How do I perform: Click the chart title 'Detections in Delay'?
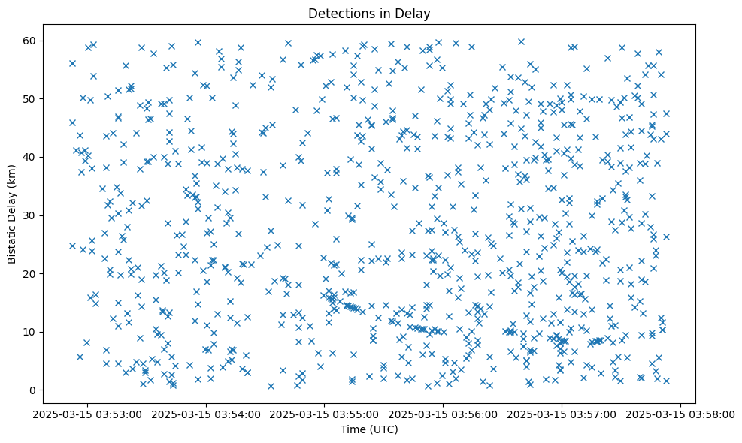[369, 13]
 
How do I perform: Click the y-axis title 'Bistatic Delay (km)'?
[13, 215]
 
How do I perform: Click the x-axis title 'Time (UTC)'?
[369, 429]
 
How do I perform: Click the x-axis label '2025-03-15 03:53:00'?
[87, 414]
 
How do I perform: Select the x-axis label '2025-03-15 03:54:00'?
[206, 414]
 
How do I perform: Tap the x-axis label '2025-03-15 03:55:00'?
[325, 414]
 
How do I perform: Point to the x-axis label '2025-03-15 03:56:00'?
[444, 414]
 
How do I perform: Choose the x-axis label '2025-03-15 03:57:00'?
[562, 414]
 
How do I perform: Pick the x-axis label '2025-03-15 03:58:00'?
[681, 414]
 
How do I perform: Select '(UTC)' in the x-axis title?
[383, 429]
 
